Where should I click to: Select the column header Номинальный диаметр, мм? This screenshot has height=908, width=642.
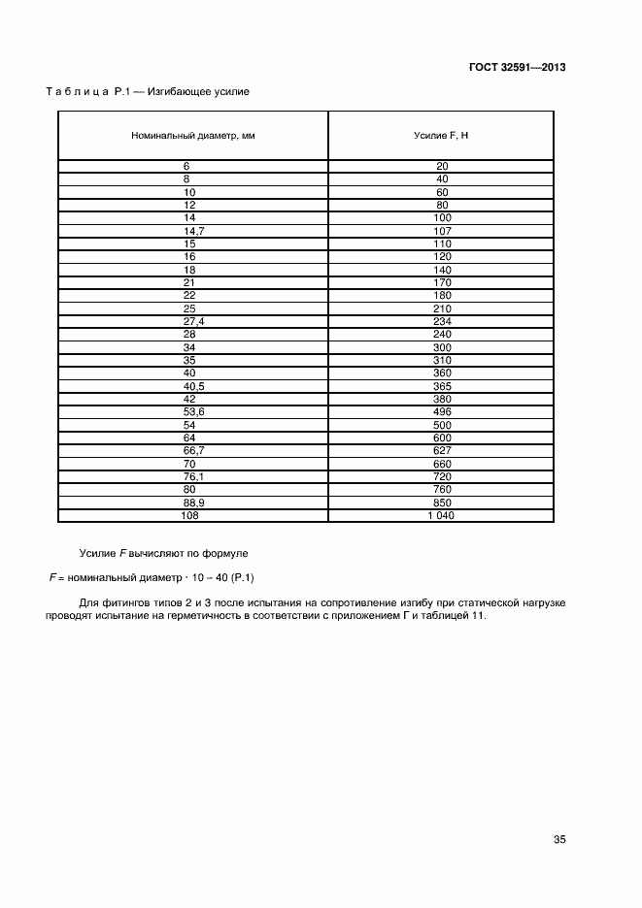click(193, 136)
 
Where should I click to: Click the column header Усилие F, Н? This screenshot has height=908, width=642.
click(441, 136)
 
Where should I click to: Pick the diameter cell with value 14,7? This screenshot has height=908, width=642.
click(193, 231)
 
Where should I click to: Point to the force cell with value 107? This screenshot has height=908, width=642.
click(441, 231)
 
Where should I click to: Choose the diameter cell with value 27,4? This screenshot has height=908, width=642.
click(193, 320)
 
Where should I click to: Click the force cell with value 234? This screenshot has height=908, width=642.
click(441, 320)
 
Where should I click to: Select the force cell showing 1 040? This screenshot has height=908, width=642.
click(441, 516)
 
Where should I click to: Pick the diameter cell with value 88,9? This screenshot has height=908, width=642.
click(193, 504)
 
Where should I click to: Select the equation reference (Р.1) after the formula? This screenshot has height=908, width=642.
click(236, 578)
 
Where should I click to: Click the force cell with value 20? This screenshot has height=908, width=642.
click(441, 166)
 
